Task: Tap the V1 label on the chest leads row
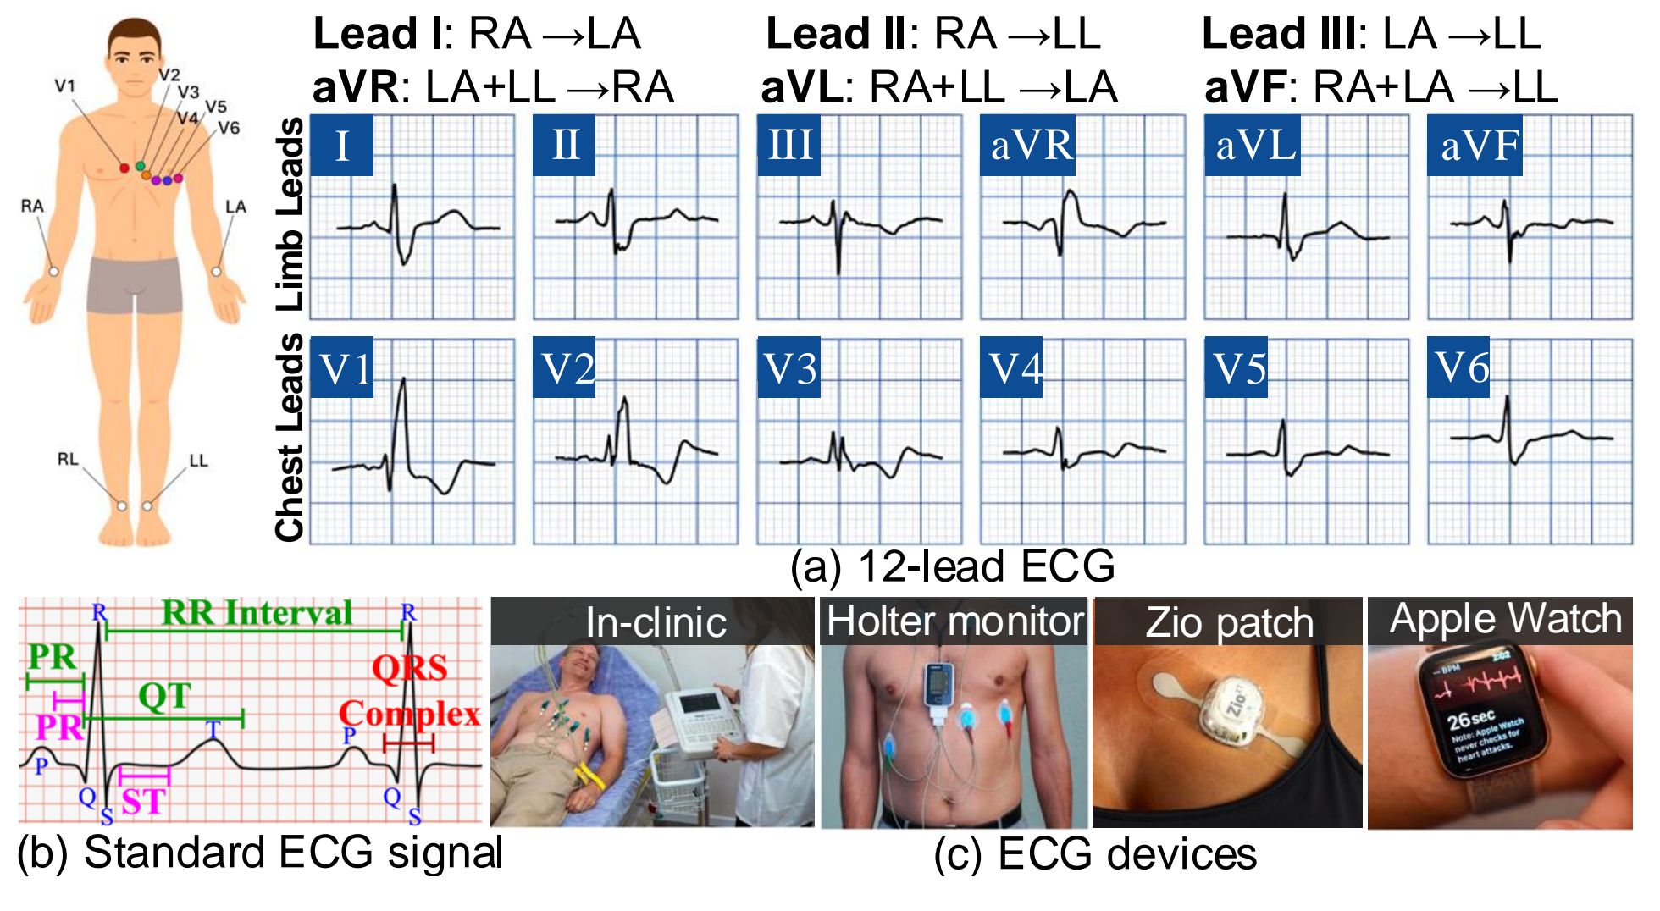pos(342,367)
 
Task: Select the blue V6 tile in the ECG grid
pos(1458,367)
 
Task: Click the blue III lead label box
pos(788,145)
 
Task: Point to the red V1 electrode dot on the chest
pos(125,168)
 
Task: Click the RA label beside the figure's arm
pos(32,206)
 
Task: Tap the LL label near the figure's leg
pos(198,460)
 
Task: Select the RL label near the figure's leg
pos(68,459)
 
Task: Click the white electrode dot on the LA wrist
pos(216,271)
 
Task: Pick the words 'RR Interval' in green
pos(257,612)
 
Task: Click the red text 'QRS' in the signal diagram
pos(409,668)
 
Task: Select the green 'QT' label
pos(164,696)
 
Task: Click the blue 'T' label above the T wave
pos(213,729)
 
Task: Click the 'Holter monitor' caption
pos(955,621)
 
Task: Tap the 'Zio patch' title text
pos(1229,622)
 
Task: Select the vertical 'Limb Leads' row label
pos(290,214)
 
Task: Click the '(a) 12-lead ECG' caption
pos(952,566)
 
